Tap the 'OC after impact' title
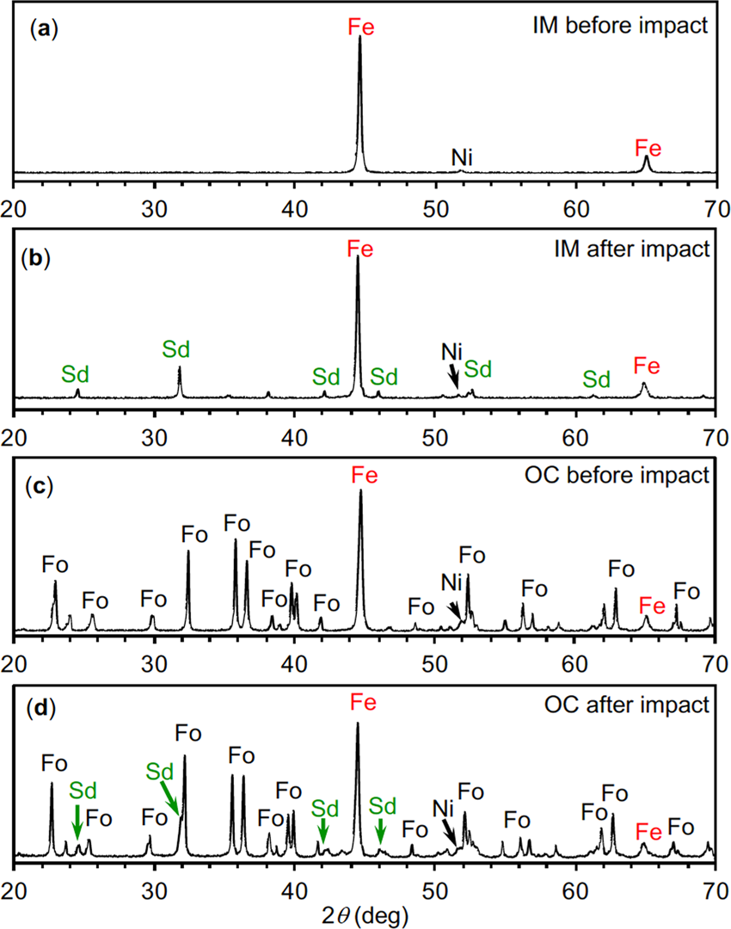[640, 704]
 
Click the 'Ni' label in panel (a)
[462, 157]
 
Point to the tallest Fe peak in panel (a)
[359, 43]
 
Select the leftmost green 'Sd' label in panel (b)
[75, 373]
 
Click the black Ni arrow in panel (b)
[453, 377]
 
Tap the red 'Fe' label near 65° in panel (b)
[647, 366]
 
